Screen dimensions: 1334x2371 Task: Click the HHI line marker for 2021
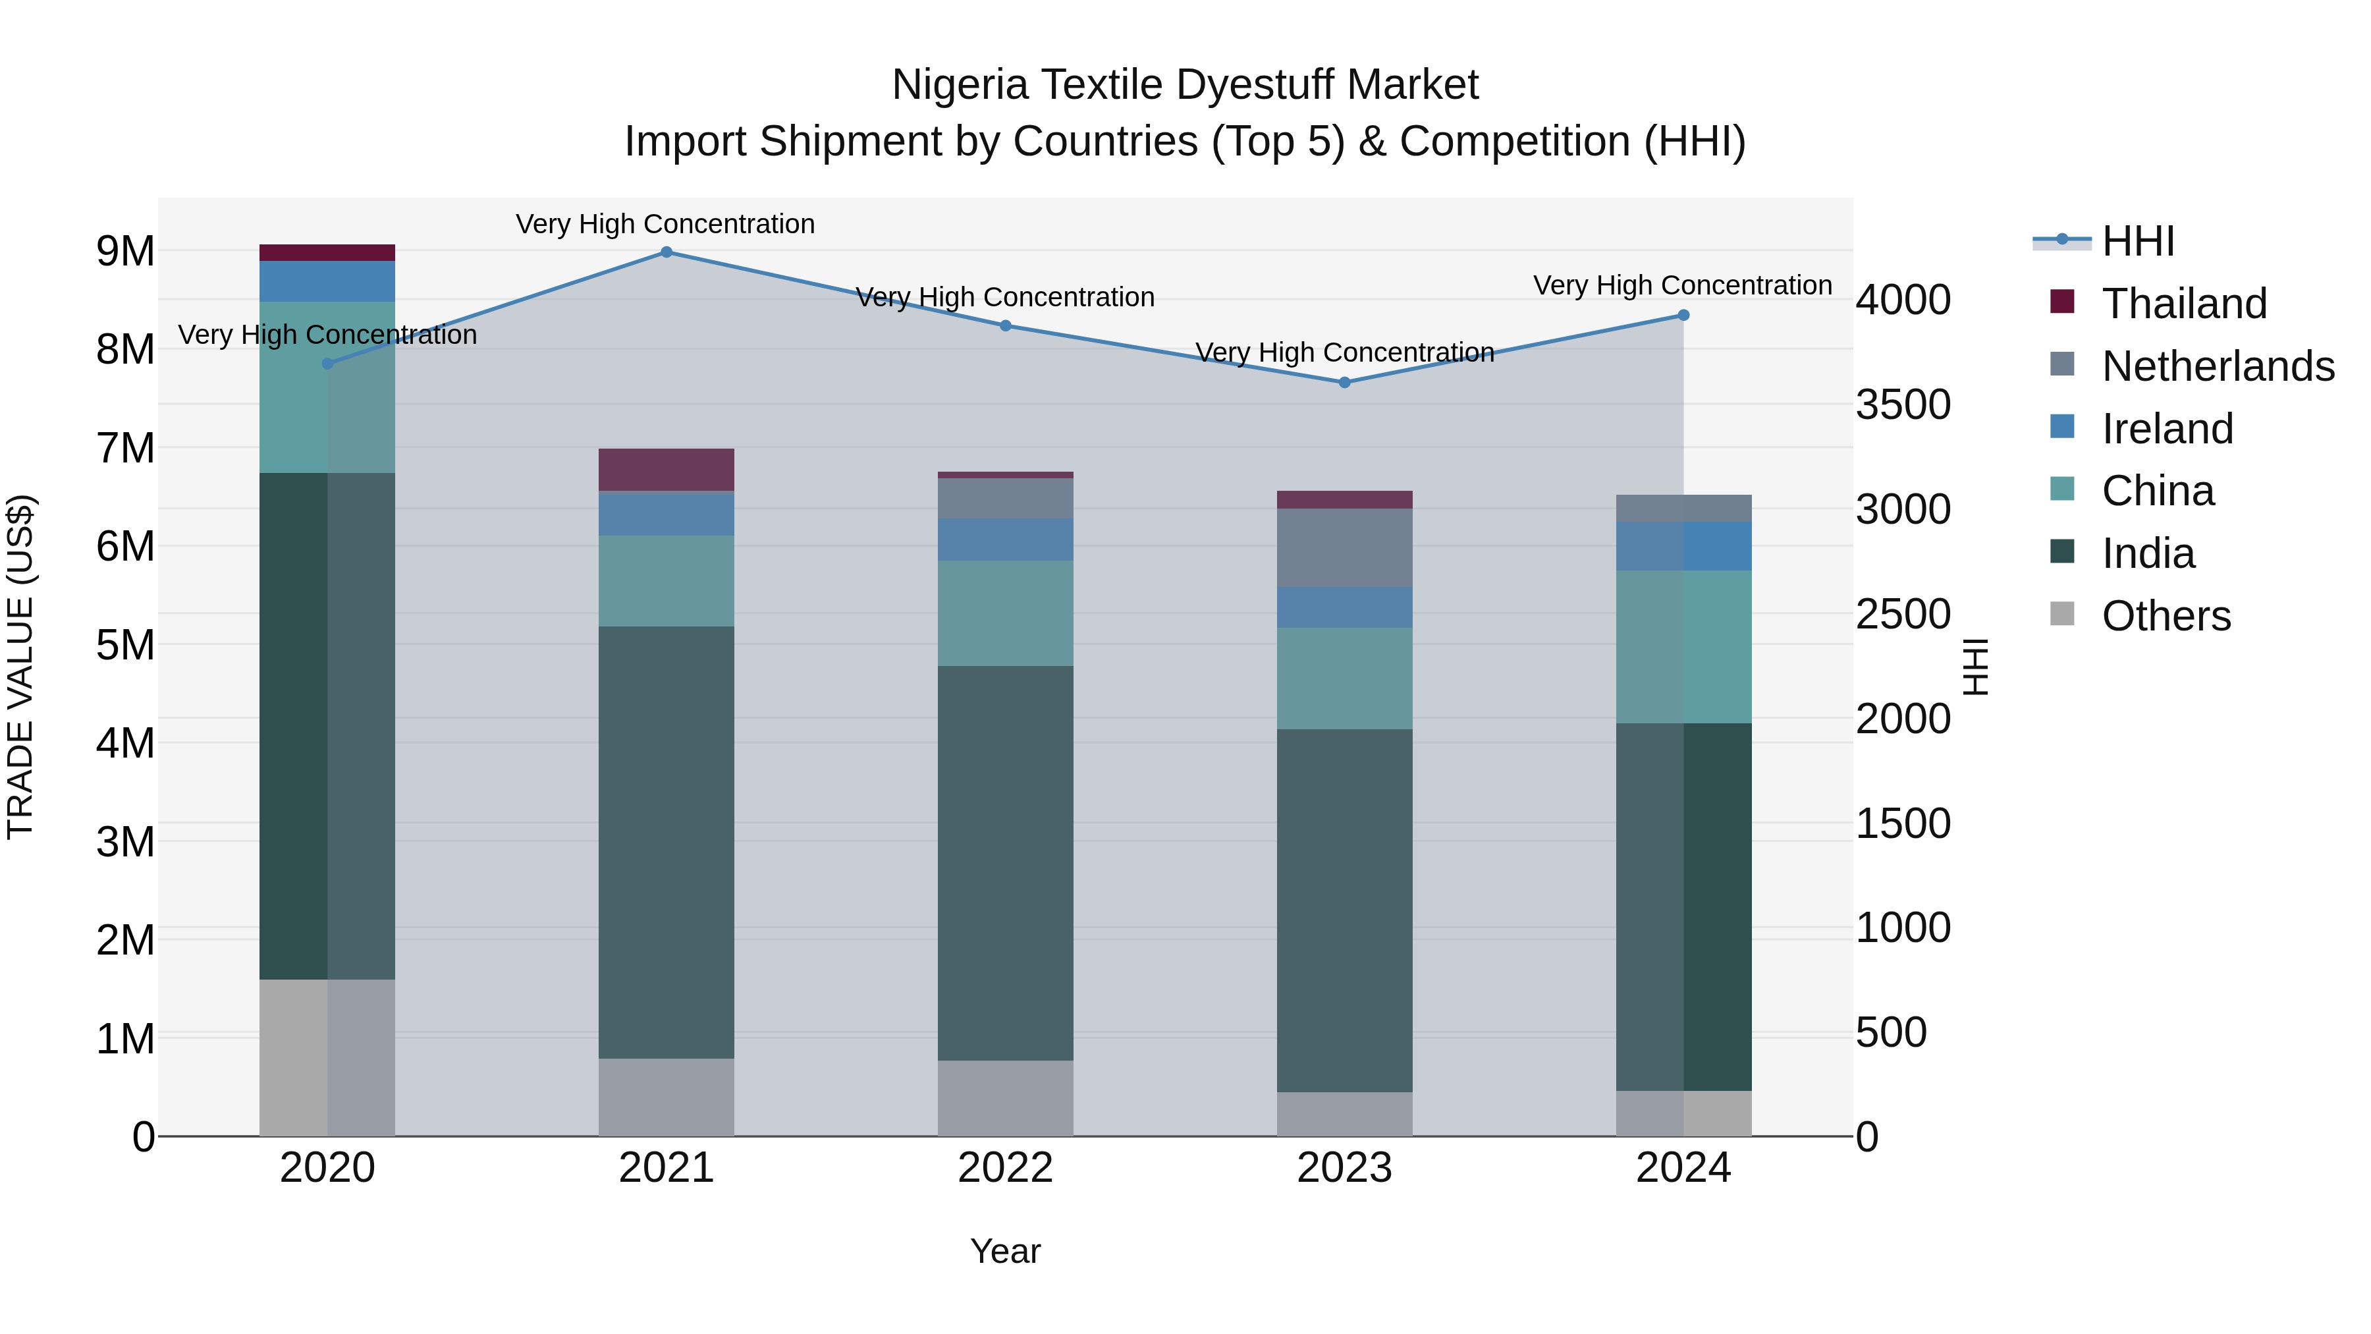[667, 252]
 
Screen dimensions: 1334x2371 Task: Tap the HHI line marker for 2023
[1345, 382]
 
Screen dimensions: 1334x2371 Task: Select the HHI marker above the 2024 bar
[1683, 316]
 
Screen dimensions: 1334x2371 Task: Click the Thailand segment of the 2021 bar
[667, 470]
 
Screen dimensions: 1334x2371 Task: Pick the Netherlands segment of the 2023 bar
[1345, 548]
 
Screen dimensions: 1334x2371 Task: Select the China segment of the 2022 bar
[1005, 613]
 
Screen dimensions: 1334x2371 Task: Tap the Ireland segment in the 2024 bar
[1683, 546]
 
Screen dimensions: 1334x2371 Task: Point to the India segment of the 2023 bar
[1345, 910]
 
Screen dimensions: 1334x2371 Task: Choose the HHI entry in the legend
[2137, 241]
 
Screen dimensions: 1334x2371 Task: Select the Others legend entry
[2166, 616]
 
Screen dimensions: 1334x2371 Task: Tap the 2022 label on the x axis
[1005, 1168]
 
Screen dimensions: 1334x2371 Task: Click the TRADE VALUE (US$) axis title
[20, 667]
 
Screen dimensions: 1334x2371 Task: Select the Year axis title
[1005, 1251]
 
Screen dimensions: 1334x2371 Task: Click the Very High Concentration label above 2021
[665, 224]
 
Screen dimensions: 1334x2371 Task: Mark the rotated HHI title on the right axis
[1976, 667]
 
